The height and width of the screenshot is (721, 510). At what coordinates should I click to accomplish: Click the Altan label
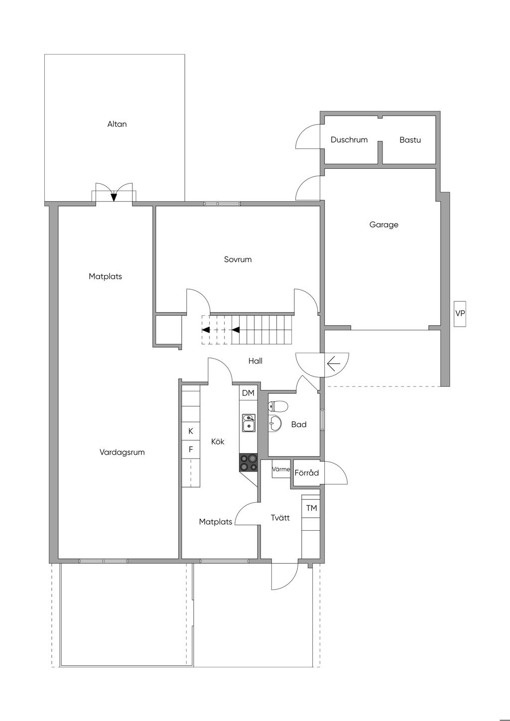(117, 124)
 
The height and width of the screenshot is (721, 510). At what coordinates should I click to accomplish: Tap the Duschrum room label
(349, 140)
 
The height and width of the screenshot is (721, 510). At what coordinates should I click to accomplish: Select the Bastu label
(410, 140)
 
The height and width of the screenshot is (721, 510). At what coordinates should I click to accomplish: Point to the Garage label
(383, 225)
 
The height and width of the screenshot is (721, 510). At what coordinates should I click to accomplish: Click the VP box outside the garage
(460, 313)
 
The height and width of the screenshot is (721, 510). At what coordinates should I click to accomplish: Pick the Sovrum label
(238, 259)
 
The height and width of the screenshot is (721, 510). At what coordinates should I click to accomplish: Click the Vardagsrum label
(122, 452)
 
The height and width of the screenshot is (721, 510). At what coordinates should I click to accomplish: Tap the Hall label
(255, 361)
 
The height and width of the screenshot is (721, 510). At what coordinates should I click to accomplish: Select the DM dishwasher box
(248, 393)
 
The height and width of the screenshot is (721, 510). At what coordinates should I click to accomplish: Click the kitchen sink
(249, 423)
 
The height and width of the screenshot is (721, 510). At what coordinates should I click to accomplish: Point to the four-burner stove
(248, 462)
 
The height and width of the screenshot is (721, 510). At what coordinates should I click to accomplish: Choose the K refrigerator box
(191, 431)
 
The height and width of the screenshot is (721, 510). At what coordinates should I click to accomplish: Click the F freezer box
(191, 449)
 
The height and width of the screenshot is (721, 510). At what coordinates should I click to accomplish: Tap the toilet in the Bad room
(277, 406)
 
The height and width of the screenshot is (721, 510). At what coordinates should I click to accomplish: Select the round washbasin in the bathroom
(274, 423)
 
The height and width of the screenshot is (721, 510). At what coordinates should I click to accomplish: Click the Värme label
(281, 469)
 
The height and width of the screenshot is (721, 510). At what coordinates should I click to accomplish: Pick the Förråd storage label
(306, 473)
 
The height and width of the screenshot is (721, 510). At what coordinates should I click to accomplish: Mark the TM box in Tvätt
(311, 508)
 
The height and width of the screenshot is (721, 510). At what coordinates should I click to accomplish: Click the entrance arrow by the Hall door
(334, 363)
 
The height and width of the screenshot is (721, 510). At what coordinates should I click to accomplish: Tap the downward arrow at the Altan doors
(114, 196)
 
